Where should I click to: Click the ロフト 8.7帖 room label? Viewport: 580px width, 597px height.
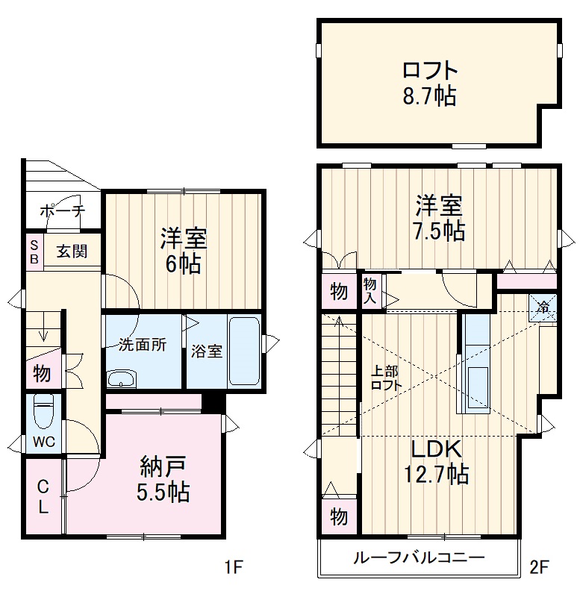coord(428,84)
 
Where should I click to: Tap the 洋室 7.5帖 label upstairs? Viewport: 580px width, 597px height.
coord(439,217)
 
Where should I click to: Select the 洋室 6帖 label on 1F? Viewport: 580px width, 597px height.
coord(183,251)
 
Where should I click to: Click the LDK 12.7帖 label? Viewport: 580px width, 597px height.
coord(437,461)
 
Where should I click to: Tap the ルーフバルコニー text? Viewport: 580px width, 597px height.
coord(419,557)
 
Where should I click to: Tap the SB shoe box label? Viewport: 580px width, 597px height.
coord(34,251)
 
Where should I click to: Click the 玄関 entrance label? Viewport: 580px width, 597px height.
coord(72,251)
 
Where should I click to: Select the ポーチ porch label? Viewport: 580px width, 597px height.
coord(63,210)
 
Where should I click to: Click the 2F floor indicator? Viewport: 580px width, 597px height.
coord(540,568)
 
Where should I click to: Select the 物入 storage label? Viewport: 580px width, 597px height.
coord(370,290)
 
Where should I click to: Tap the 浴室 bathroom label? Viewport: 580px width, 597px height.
coord(206,351)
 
